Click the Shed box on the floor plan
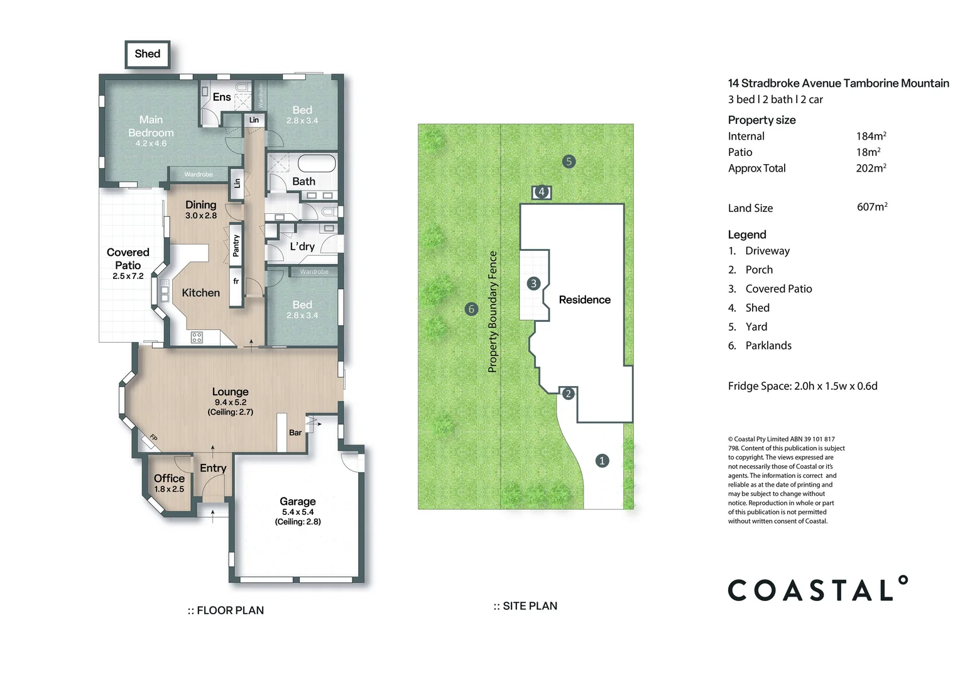pos(148,54)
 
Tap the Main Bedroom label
pos(151,126)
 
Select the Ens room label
pos(222,97)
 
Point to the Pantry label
pos(236,246)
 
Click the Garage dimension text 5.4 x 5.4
pos(298,512)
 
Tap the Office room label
pos(169,478)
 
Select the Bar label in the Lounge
pos(295,433)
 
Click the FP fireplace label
pos(153,438)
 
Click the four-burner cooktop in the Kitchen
pos(197,338)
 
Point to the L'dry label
pos(302,246)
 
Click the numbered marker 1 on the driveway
pos(602,461)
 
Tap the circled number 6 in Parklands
pos(471,309)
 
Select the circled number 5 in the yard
pos(569,162)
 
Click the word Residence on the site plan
pos(584,299)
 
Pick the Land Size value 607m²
pos(872,207)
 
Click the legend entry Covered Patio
pos(778,289)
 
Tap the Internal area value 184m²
pos(871,136)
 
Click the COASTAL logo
pos(818,588)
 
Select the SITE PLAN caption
pos(525,605)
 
